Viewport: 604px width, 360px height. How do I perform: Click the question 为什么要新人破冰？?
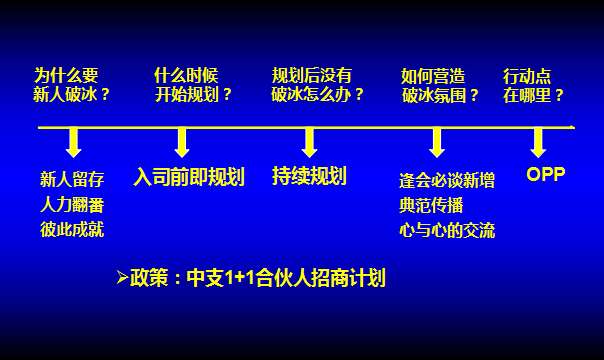[72, 86]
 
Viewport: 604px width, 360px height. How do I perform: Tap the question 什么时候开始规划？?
[193, 86]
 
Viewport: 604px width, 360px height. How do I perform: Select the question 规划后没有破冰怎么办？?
[318, 86]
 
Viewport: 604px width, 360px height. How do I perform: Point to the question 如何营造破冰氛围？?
[440, 86]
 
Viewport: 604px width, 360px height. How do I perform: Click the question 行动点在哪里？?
[534, 86]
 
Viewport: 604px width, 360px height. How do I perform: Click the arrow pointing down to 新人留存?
[73, 142]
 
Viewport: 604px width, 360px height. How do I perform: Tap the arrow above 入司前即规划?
[182, 142]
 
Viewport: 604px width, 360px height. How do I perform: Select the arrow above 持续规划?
[309, 142]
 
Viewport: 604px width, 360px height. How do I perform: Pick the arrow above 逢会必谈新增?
[437, 142]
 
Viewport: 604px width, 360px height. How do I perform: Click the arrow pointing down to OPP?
[538, 142]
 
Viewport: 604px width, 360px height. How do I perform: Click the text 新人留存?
[72, 181]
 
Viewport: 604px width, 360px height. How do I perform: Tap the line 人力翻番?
[72, 205]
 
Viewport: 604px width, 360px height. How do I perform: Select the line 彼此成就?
[72, 229]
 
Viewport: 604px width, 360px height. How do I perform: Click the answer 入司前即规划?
[189, 178]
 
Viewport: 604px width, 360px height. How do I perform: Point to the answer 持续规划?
[309, 177]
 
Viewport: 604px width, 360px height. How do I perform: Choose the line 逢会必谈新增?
[446, 181]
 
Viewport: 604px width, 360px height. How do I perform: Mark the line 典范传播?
[433, 206]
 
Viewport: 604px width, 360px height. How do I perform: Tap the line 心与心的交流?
[446, 231]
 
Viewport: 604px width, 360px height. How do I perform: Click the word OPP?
[546, 174]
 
